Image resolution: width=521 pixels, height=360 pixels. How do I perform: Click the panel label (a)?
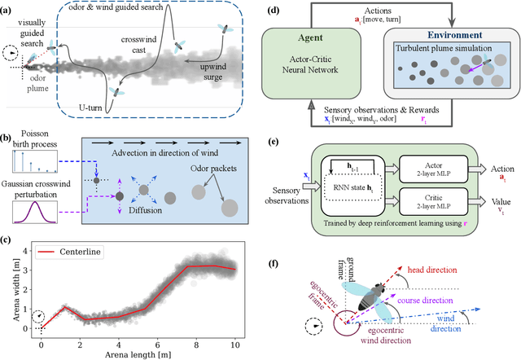click(9, 7)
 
